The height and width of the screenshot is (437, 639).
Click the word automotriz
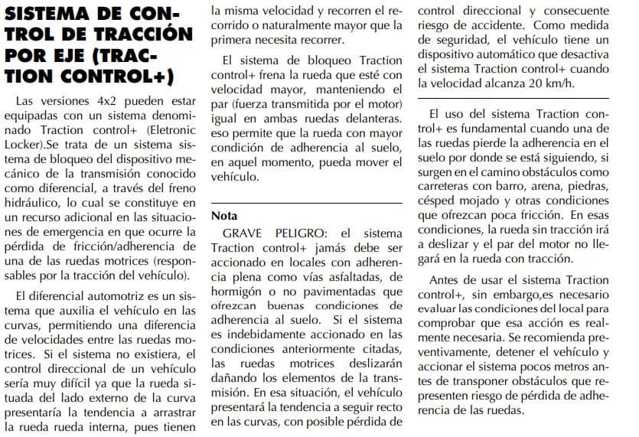click(x=112, y=296)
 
